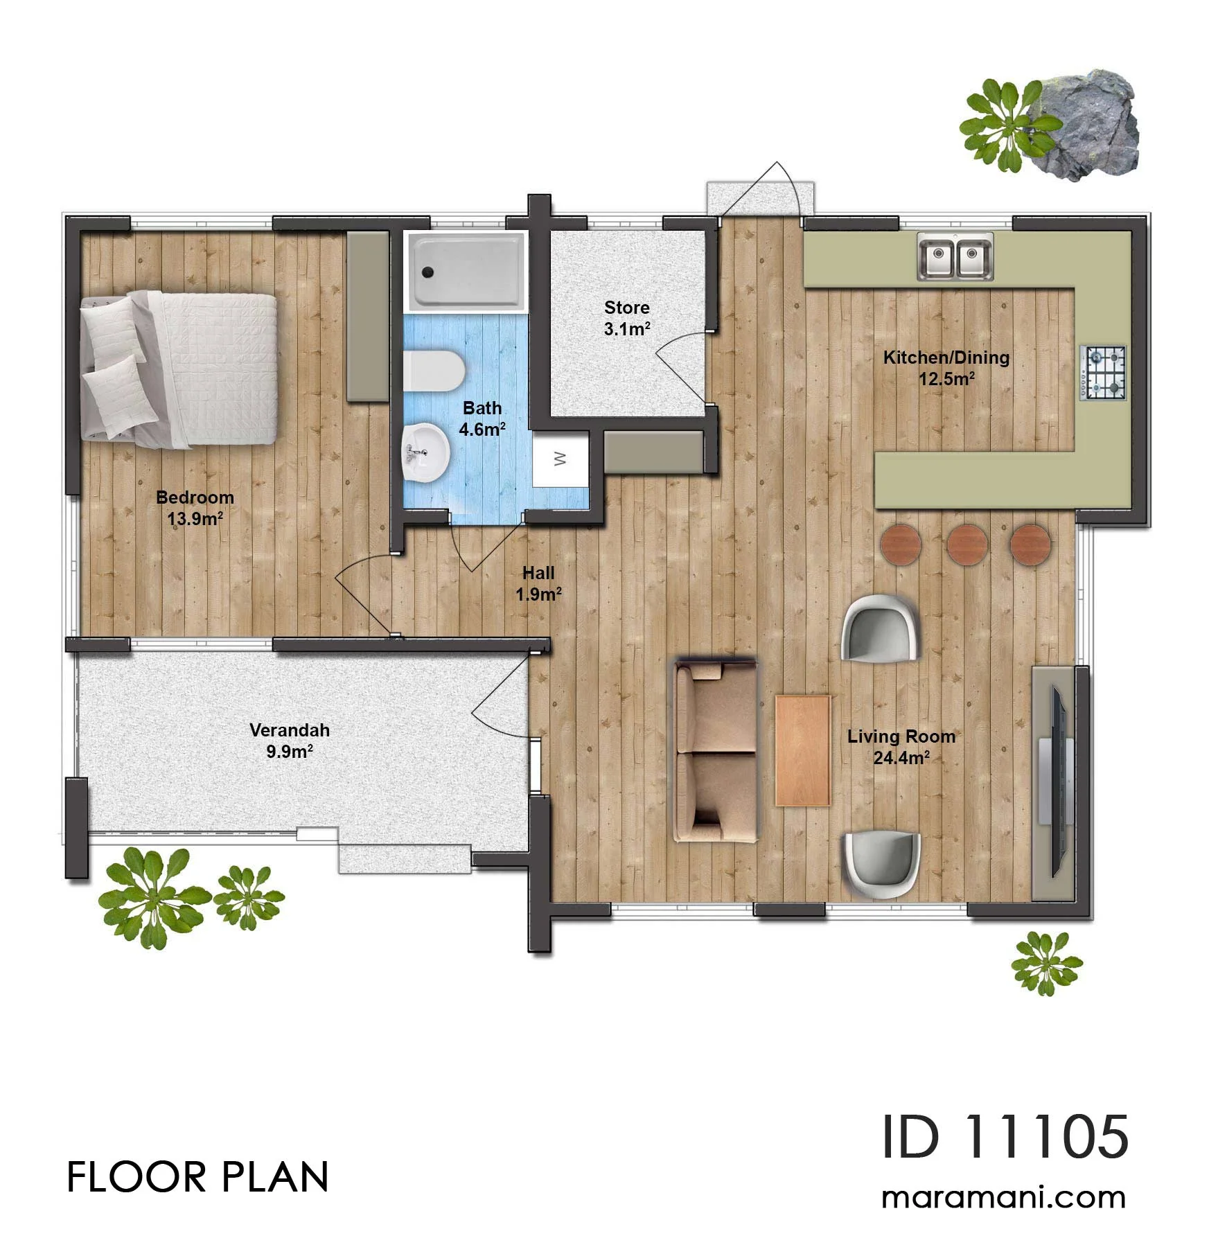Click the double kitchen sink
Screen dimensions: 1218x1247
click(955, 256)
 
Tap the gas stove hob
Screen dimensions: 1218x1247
click(1103, 373)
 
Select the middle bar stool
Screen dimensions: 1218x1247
click(967, 544)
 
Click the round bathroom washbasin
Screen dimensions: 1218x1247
click(425, 452)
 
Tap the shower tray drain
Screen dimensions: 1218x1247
click(428, 272)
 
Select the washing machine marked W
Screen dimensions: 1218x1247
click(561, 459)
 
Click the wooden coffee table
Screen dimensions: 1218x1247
click(803, 750)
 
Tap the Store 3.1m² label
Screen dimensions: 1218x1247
click(627, 318)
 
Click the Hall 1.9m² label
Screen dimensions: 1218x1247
click(538, 583)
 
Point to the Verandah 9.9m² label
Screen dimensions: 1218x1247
click(290, 741)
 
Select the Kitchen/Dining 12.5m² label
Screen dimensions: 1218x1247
click(946, 368)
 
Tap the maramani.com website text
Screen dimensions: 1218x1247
click(1004, 1198)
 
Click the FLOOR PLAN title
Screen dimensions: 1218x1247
click(197, 1177)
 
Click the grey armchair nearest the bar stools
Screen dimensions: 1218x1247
click(880, 628)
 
